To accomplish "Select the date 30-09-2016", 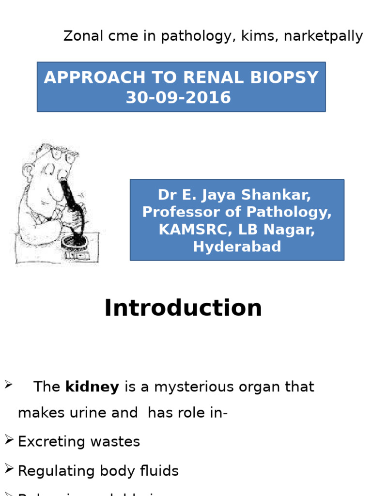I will point(178,98).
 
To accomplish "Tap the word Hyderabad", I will point(237,247).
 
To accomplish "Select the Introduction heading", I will point(183,308).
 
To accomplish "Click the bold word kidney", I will point(92,387).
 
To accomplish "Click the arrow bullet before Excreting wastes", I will point(9,440).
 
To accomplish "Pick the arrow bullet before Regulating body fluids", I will point(9,469).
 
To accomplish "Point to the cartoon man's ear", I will point(29,170).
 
